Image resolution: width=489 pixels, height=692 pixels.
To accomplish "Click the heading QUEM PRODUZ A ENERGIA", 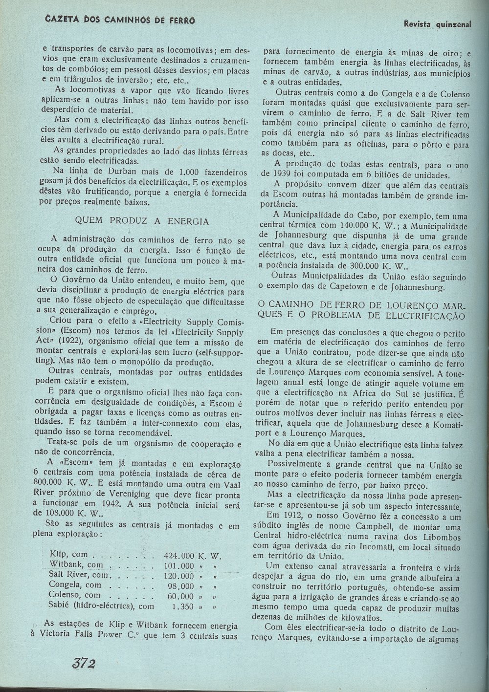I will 142,221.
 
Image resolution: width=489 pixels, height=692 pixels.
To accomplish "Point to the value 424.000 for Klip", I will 178,556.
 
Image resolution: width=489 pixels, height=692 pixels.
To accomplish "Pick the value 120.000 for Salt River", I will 178,575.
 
